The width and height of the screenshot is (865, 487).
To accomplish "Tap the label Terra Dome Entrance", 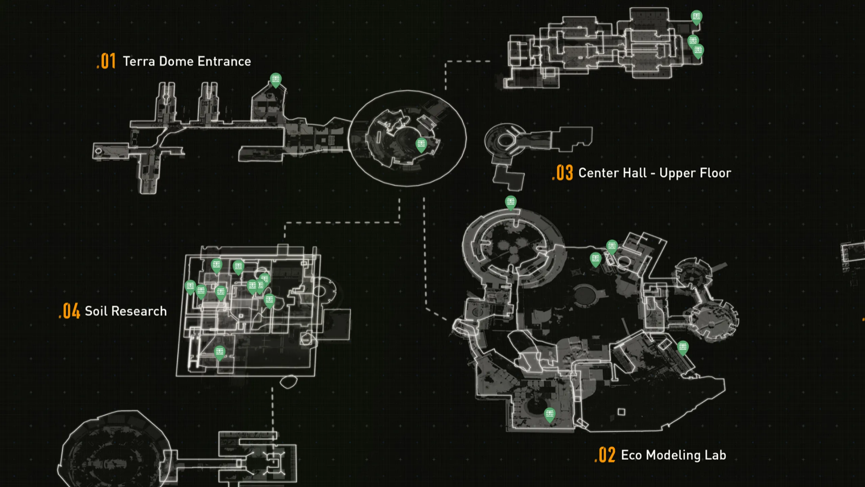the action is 187,62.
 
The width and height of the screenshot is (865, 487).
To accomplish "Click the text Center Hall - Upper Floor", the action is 655,173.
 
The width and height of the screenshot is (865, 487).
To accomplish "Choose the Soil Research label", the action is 126,311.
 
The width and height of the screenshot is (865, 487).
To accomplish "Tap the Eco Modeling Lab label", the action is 674,455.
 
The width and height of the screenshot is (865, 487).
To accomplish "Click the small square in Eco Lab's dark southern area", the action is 621,412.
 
